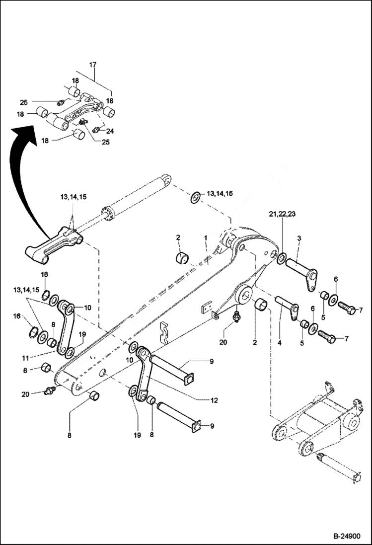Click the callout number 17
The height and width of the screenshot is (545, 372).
[x=93, y=65]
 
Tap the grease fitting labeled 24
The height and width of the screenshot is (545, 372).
[x=97, y=130]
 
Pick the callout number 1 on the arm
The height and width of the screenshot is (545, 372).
[x=205, y=238]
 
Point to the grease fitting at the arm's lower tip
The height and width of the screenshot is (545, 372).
[x=49, y=392]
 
